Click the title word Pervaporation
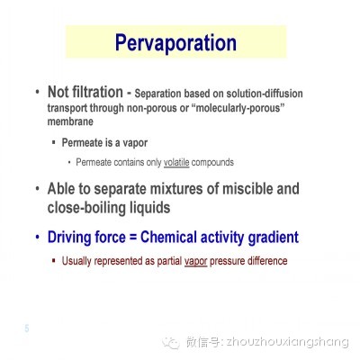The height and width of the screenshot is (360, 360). [175, 43]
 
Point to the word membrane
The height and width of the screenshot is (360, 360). [70, 121]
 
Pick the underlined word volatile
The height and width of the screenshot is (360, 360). [176, 162]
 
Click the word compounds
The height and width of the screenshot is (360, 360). [212, 163]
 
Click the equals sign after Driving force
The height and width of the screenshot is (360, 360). [133, 238]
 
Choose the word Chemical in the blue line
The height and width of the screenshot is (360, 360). [168, 237]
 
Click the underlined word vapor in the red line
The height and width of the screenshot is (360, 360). [196, 261]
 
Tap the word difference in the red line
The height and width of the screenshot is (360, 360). [267, 261]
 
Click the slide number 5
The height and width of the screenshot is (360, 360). [27, 328]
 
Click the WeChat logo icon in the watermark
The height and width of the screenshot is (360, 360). [171, 342]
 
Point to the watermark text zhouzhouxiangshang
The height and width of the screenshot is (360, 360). [287, 342]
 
